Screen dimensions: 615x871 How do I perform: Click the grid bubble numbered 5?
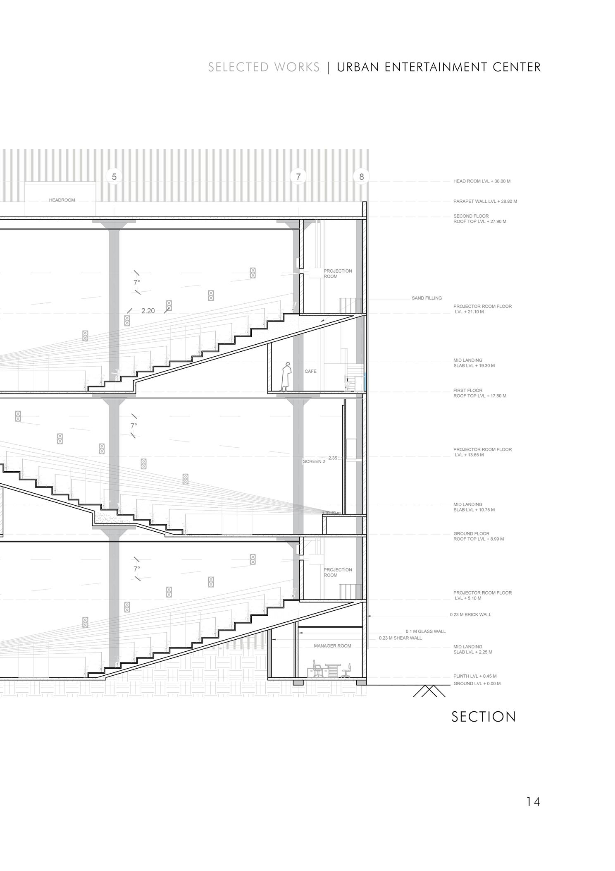click(x=114, y=177)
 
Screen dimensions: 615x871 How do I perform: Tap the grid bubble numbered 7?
click(x=298, y=177)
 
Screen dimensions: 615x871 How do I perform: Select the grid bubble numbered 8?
click(x=361, y=177)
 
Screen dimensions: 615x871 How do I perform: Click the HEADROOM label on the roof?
click(x=62, y=200)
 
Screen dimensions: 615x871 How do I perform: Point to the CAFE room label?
click(x=310, y=371)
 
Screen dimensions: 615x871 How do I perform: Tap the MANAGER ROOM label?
click(x=332, y=646)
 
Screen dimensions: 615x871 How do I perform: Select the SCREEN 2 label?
click(x=314, y=461)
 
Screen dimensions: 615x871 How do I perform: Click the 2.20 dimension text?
click(x=148, y=311)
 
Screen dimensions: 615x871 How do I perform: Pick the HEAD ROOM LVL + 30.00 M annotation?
click(x=482, y=181)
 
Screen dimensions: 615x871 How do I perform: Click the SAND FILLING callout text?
click(x=427, y=298)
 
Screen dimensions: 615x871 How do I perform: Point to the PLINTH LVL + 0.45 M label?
click(x=475, y=676)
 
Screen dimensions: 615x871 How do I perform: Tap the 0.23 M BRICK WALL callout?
click(x=470, y=614)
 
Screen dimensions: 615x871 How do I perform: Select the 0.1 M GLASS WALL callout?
click(x=425, y=631)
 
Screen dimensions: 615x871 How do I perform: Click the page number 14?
click(x=533, y=802)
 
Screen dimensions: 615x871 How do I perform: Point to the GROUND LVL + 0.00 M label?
click(x=477, y=684)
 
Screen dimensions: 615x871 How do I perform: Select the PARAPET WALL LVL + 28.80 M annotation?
click(x=485, y=202)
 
